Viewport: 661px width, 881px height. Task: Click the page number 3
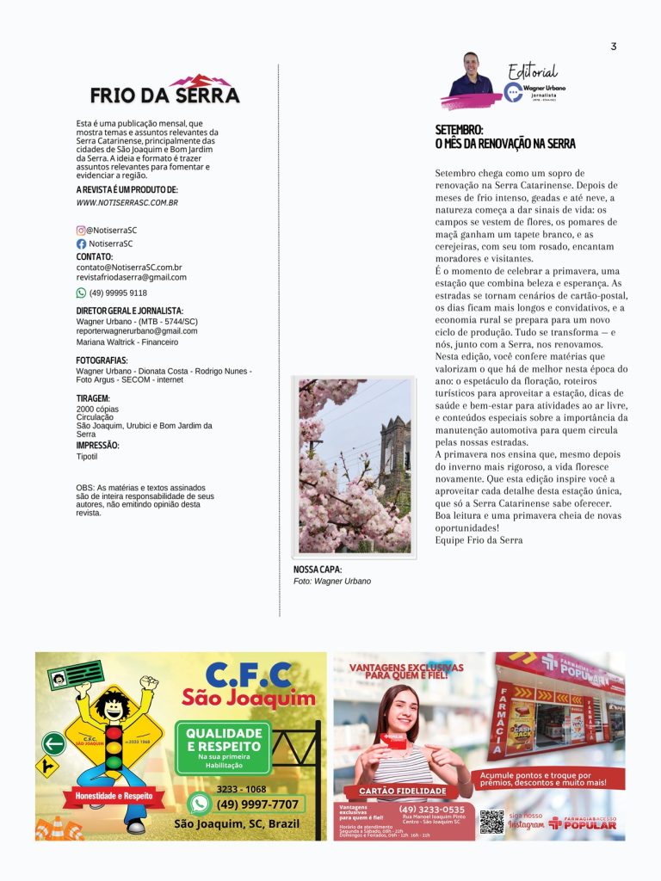[614, 46]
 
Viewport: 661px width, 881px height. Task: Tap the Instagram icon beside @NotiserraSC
[81, 231]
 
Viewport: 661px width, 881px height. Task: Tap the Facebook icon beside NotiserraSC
[81, 243]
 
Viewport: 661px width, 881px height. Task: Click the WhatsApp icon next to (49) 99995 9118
[81, 293]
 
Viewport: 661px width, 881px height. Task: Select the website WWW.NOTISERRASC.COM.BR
[127, 203]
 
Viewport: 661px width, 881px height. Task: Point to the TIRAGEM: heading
[93, 398]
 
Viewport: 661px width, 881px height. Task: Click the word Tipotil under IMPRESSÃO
[88, 457]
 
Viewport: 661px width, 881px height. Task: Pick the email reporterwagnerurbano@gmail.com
[137, 330]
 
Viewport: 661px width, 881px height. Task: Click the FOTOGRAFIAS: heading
[102, 360]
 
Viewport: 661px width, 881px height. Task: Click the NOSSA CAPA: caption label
[318, 570]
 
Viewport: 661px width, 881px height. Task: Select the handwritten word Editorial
[533, 71]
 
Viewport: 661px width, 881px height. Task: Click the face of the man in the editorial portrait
[471, 62]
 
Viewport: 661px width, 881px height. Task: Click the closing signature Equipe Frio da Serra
[479, 540]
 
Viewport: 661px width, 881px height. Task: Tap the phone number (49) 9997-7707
[257, 804]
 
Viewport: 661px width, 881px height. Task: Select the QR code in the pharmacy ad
[491, 821]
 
